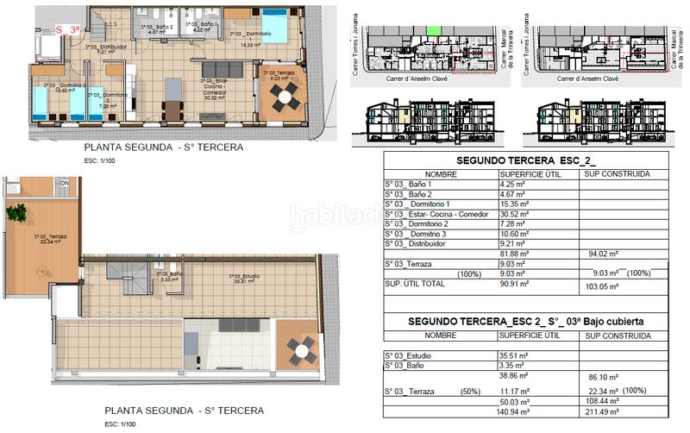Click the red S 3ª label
click(x=67, y=28)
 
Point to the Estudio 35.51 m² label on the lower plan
click(x=245, y=279)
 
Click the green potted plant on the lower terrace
click(x=16, y=212)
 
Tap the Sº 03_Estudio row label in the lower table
click(x=414, y=355)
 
